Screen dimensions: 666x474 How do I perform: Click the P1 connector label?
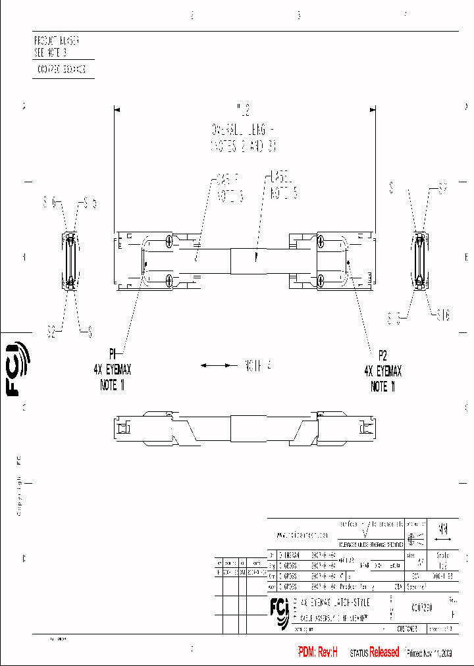113,351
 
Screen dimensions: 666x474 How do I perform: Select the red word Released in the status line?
384,652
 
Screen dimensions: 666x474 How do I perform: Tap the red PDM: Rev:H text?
318,652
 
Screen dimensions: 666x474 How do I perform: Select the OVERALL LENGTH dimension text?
244,129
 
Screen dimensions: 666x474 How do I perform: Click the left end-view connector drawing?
70,261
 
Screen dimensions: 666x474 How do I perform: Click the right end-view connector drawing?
419,261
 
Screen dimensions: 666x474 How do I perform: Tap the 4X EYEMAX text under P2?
382,371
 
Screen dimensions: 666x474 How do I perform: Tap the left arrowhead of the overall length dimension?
117,110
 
